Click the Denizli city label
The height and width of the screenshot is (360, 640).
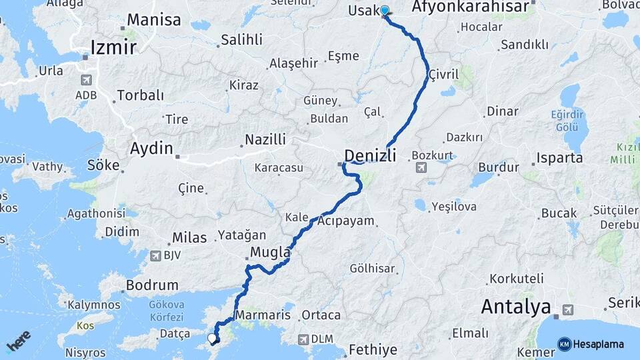click(370, 157)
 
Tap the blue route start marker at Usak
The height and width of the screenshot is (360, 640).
click(385, 11)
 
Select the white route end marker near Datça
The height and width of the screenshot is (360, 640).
click(212, 339)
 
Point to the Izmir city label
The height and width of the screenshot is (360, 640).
click(114, 47)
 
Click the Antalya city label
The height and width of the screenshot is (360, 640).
click(516, 307)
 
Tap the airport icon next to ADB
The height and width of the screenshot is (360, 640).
click(85, 80)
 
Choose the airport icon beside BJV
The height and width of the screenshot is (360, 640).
click(156, 255)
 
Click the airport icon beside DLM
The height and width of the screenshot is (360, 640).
click(303, 339)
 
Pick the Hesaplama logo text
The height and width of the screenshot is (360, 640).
click(598, 345)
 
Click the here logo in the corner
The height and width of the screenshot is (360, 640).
click(19, 341)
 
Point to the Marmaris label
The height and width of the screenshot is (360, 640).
click(263, 315)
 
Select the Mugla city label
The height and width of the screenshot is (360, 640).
click(270, 253)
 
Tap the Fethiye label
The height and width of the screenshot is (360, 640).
click(373, 349)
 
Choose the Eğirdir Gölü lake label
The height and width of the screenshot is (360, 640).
click(568, 121)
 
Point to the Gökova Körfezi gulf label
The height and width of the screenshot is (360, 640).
click(166, 309)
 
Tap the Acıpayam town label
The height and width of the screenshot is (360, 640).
click(346, 221)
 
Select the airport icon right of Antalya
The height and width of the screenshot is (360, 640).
click(567, 309)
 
